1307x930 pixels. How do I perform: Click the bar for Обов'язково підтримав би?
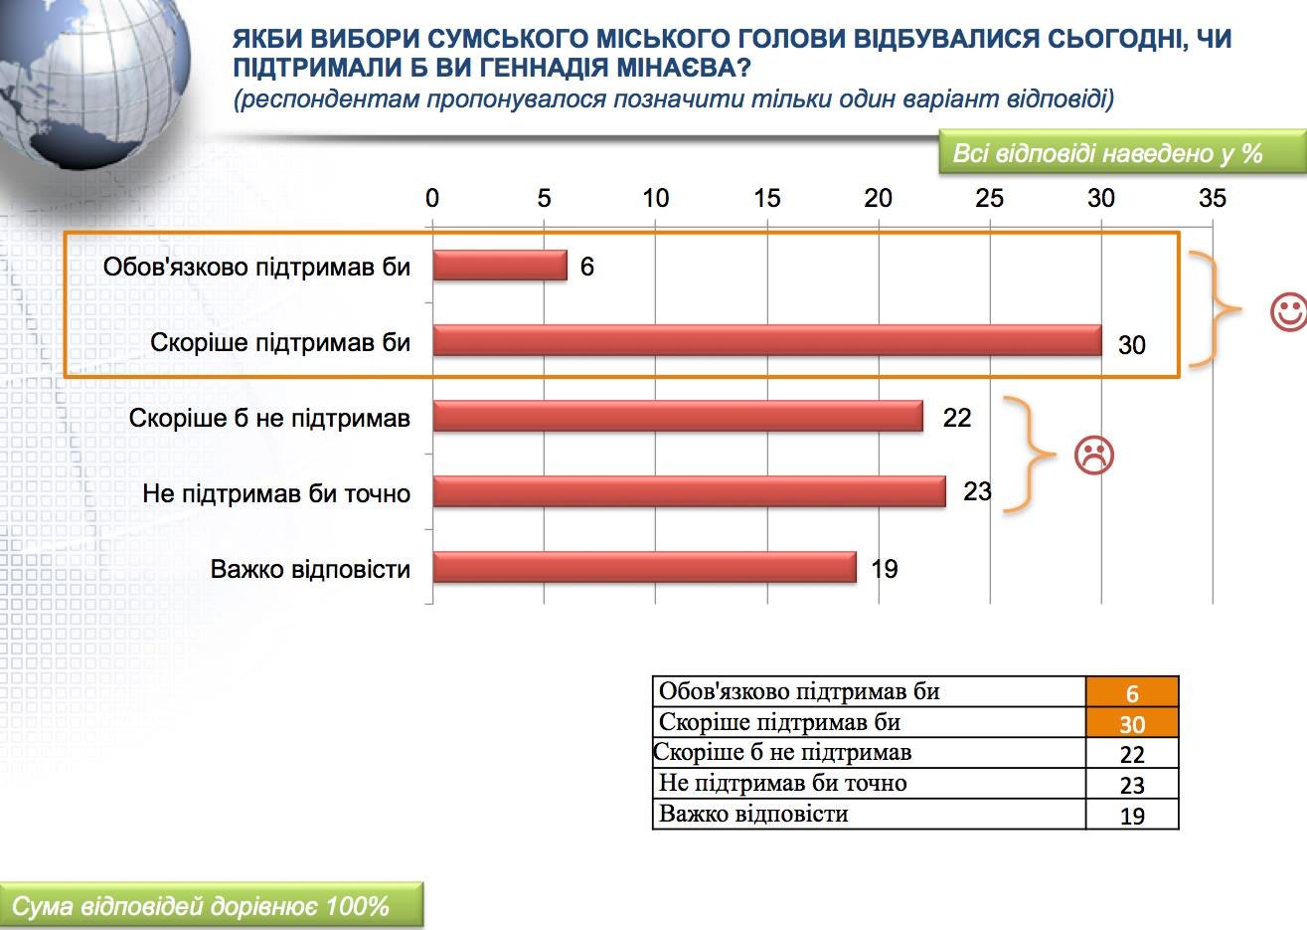pyautogui.click(x=500, y=266)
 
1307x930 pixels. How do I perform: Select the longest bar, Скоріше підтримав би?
pyautogui.click(x=767, y=340)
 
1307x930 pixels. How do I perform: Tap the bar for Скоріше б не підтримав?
pyautogui.click(x=678, y=416)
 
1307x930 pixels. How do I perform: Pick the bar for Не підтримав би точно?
pyautogui.click(x=689, y=491)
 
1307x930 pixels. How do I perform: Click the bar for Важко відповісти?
pyautogui.click(x=645, y=567)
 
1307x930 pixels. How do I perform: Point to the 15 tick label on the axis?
pyautogui.click(x=766, y=199)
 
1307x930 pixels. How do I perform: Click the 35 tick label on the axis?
pyautogui.click(x=1213, y=199)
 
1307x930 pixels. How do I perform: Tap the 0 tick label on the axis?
pyautogui.click(x=431, y=199)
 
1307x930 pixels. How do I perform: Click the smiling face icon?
pyautogui.click(x=1289, y=313)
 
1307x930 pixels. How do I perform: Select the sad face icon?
pyautogui.click(x=1094, y=455)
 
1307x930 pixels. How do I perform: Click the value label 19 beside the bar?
pyautogui.click(x=885, y=569)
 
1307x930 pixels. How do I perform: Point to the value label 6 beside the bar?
pyautogui.click(x=587, y=267)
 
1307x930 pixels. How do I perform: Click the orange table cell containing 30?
pyautogui.click(x=1132, y=723)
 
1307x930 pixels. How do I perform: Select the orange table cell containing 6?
pyautogui.click(x=1132, y=692)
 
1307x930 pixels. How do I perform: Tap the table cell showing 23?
pyautogui.click(x=1132, y=784)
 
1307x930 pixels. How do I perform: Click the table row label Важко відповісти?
pyautogui.click(x=753, y=814)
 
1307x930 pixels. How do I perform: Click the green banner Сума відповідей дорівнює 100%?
pyautogui.click(x=212, y=904)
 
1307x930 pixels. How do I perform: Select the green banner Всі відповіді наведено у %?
pyautogui.click(x=1122, y=152)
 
